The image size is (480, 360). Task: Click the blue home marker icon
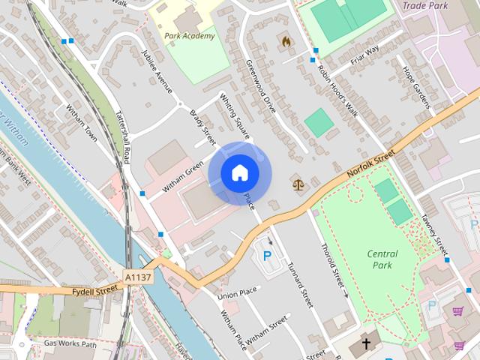[239, 173]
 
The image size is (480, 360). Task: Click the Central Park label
[382, 259]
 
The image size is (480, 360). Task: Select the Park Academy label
[189, 35]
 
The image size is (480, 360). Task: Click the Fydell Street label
[95, 289]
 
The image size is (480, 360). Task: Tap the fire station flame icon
[286, 42]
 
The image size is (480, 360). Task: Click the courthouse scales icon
[299, 183]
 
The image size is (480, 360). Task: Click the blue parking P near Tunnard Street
[267, 256]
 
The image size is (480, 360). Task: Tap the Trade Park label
[424, 6]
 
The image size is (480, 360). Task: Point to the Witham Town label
[82, 123]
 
